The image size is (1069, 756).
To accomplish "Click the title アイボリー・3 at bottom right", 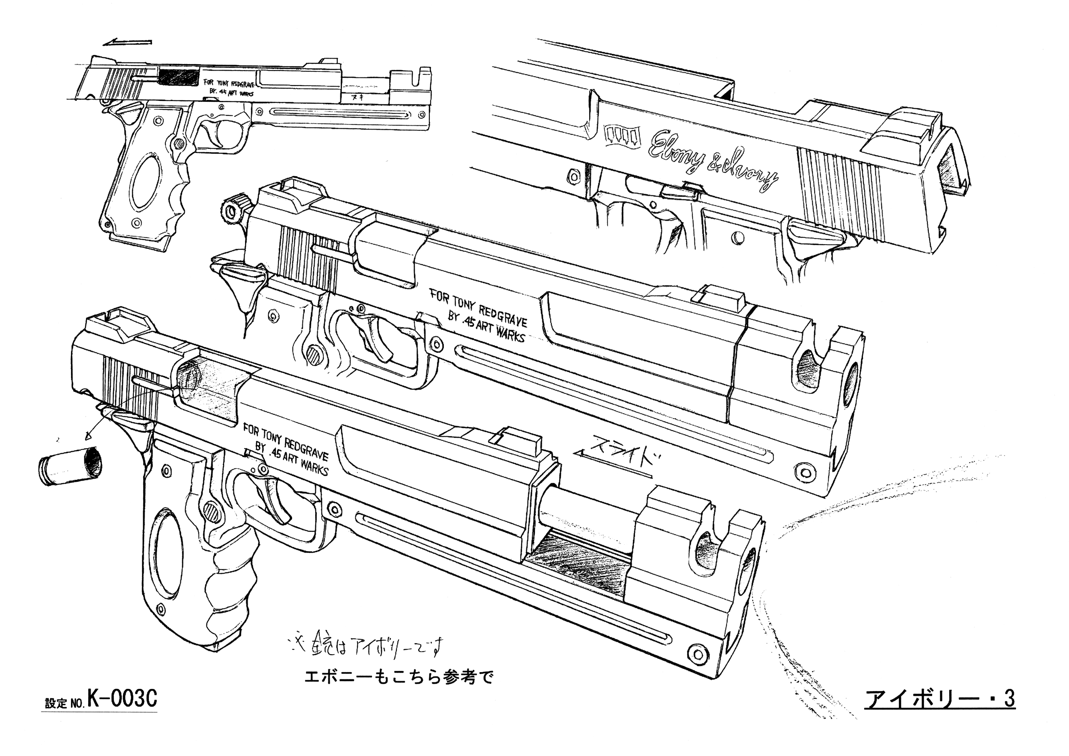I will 939,700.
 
